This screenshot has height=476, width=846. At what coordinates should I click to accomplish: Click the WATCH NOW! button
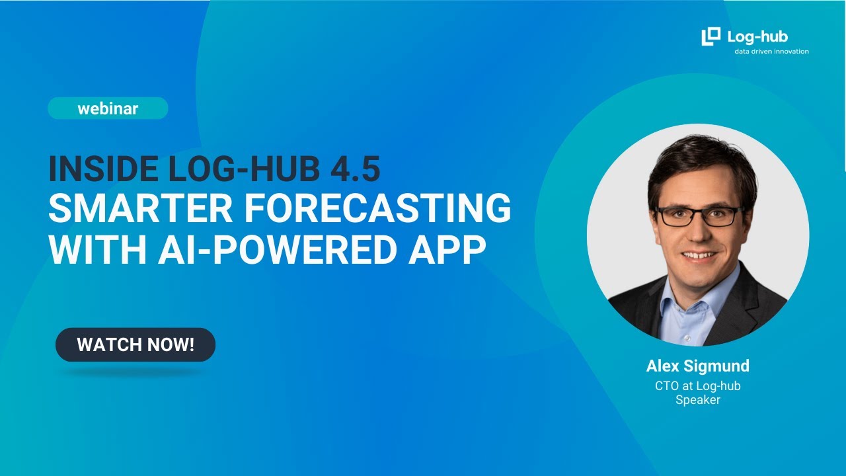point(135,344)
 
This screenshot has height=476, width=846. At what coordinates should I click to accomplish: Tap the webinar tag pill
point(108,108)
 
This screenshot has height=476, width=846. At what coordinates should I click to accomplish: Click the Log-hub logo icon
point(711,37)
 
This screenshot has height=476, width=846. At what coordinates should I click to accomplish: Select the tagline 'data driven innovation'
point(771,52)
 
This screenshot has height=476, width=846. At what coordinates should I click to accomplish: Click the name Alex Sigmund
point(697,366)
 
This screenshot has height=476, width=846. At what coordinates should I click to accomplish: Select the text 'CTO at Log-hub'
point(697,386)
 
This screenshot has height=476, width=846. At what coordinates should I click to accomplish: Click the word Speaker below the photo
point(697,400)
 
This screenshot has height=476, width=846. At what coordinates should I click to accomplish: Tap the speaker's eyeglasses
point(699,216)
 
